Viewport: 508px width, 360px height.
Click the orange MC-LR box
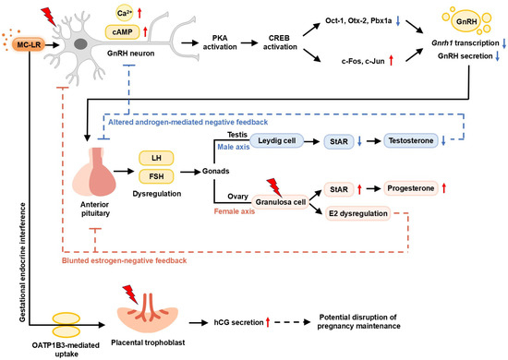tap(29, 44)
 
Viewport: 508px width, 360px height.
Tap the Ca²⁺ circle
tap(125, 13)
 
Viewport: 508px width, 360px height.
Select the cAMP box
tap(123, 32)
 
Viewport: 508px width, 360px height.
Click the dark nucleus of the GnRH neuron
tap(80, 44)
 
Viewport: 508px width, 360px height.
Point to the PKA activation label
tap(220, 42)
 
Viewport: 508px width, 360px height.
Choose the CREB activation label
tap(280, 42)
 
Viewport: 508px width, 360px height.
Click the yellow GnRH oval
tap(466, 21)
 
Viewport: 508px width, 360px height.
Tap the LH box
tap(156, 159)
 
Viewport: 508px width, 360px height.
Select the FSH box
tap(156, 176)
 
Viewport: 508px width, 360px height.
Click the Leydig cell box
tap(277, 141)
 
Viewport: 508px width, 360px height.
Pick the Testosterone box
tap(411, 141)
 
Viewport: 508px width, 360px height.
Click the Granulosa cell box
tap(281, 202)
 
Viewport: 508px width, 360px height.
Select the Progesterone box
tap(411, 188)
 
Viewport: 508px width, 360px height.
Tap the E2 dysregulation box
tap(358, 213)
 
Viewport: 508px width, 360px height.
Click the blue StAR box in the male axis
tap(339, 141)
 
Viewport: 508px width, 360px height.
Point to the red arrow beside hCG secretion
tap(268, 322)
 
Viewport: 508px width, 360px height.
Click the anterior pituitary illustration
tap(94, 172)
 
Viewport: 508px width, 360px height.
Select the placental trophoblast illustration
tap(148, 312)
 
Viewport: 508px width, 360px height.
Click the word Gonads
tap(216, 171)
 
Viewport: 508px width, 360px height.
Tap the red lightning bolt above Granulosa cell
tap(274, 186)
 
